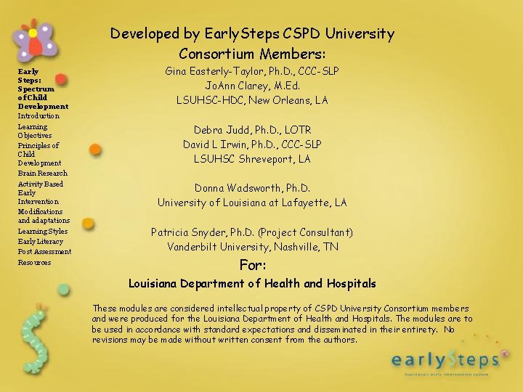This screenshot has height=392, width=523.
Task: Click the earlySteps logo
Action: pos(445,359)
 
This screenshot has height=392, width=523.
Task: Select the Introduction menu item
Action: pos(38,116)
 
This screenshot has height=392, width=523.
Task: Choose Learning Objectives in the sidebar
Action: pos(34,131)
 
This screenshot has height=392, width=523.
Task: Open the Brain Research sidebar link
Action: pos(42,173)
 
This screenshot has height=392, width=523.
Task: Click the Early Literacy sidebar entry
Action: pos(40,242)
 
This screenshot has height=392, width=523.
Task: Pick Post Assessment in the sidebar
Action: pos(44,252)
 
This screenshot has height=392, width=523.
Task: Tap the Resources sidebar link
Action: pos(34,263)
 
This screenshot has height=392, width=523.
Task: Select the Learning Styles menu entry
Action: pos(42,232)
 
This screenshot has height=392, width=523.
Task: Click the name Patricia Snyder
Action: pos(187,232)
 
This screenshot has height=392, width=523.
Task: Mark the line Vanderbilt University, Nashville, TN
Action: pos(252,247)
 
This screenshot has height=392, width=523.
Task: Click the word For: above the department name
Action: pos(253,265)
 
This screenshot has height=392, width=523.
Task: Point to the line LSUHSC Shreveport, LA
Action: pos(252,159)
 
